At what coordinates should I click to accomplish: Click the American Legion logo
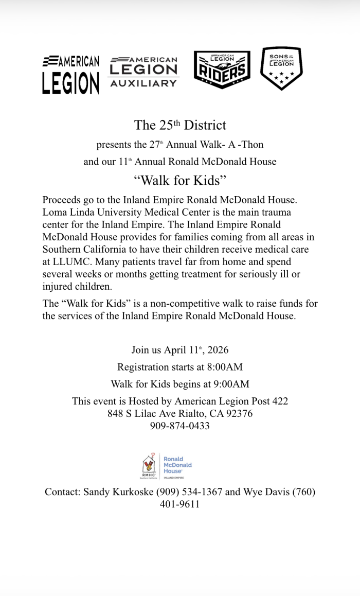click(x=70, y=75)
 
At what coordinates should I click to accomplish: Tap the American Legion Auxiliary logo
click(x=143, y=72)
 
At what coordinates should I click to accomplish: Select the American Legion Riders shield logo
click(x=222, y=69)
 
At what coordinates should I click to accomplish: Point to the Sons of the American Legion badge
click(x=281, y=68)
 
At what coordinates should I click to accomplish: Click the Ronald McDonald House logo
click(x=167, y=466)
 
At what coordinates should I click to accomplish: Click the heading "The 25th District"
click(x=180, y=125)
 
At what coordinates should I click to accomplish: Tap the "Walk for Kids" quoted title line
click(x=180, y=180)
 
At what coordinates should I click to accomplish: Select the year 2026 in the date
click(x=218, y=350)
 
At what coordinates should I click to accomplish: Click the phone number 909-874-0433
click(x=180, y=426)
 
